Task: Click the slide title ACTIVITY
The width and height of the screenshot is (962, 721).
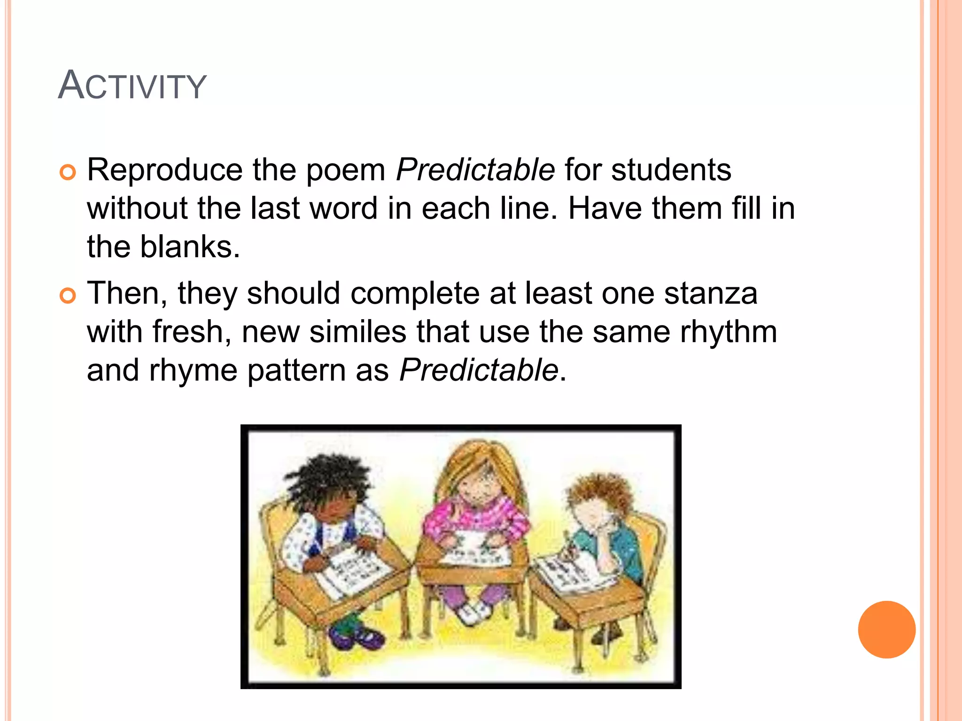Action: pyautogui.click(x=132, y=85)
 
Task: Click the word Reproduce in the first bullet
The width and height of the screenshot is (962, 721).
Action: pyautogui.click(x=165, y=170)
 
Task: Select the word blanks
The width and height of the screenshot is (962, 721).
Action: pyautogui.click(x=190, y=247)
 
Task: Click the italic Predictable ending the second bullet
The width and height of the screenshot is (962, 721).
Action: pyautogui.click(x=479, y=370)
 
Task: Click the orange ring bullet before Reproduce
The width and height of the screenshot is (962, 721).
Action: pyautogui.click(x=68, y=173)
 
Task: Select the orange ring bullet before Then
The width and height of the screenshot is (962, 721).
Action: pyautogui.click(x=68, y=296)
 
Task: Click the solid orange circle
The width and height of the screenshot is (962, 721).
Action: pyautogui.click(x=886, y=629)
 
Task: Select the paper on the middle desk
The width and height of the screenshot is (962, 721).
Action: pyautogui.click(x=474, y=554)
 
